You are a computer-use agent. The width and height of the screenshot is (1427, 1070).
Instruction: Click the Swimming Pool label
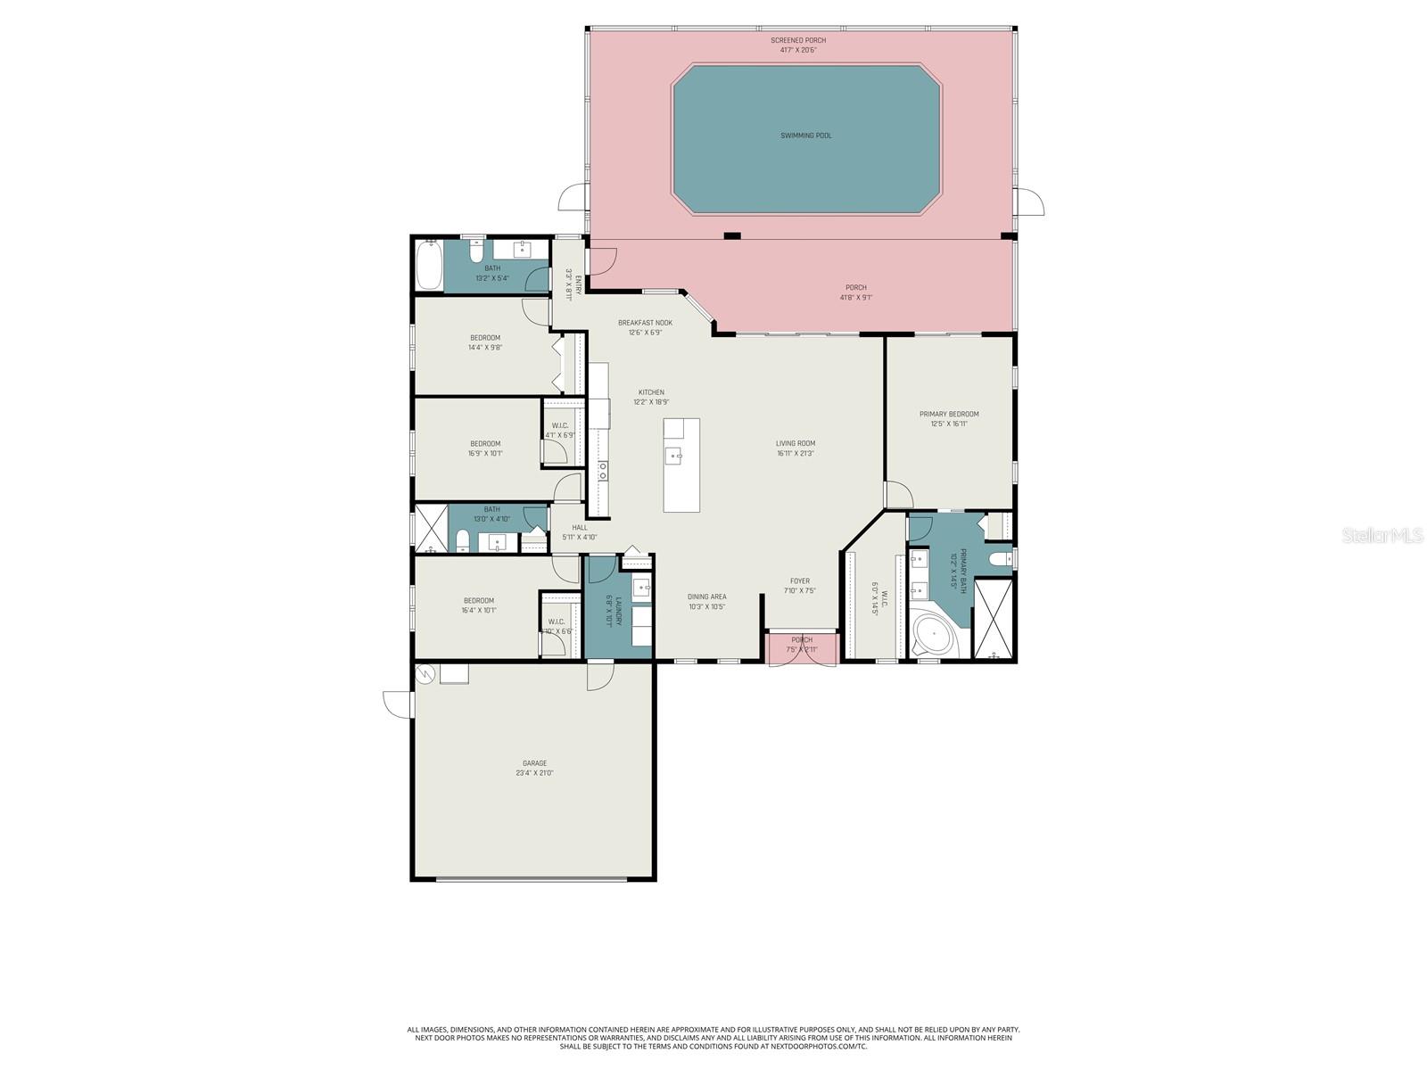click(x=805, y=136)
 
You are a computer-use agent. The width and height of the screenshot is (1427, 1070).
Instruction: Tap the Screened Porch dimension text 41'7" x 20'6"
click(x=798, y=50)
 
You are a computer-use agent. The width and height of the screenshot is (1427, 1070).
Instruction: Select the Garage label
click(x=534, y=763)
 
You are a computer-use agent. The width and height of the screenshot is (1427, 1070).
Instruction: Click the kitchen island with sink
click(x=681, y=465)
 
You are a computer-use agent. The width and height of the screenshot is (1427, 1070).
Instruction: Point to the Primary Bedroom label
click(x=949, y=414)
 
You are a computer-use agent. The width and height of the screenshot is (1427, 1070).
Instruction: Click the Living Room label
click(x=795, y=443)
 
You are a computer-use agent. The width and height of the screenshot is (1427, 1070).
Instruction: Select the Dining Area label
click(x=706, y=597)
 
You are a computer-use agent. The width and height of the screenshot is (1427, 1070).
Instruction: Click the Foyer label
click(x=799, y=580)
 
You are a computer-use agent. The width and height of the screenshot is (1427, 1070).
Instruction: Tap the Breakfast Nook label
click(x=645, y=323)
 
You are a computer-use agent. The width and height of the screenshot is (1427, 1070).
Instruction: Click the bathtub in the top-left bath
click(x=429, y=265)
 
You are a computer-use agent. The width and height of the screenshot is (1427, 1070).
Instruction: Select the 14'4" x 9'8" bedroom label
click(x=485, y=338)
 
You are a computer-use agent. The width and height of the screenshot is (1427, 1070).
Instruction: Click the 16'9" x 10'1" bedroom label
click(x=485, y=443)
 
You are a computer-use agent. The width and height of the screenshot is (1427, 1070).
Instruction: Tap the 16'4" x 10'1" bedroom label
click(x=478, y=600)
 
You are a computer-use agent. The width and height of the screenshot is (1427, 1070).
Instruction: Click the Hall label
click(x=580, y=527)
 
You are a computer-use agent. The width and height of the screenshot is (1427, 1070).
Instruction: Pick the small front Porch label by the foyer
click(x=802, y=639)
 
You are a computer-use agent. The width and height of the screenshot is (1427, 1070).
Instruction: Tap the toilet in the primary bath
click(x=1001, y=559)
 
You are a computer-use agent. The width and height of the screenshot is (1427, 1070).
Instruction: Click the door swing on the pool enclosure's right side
click(x=1029, y=202)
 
